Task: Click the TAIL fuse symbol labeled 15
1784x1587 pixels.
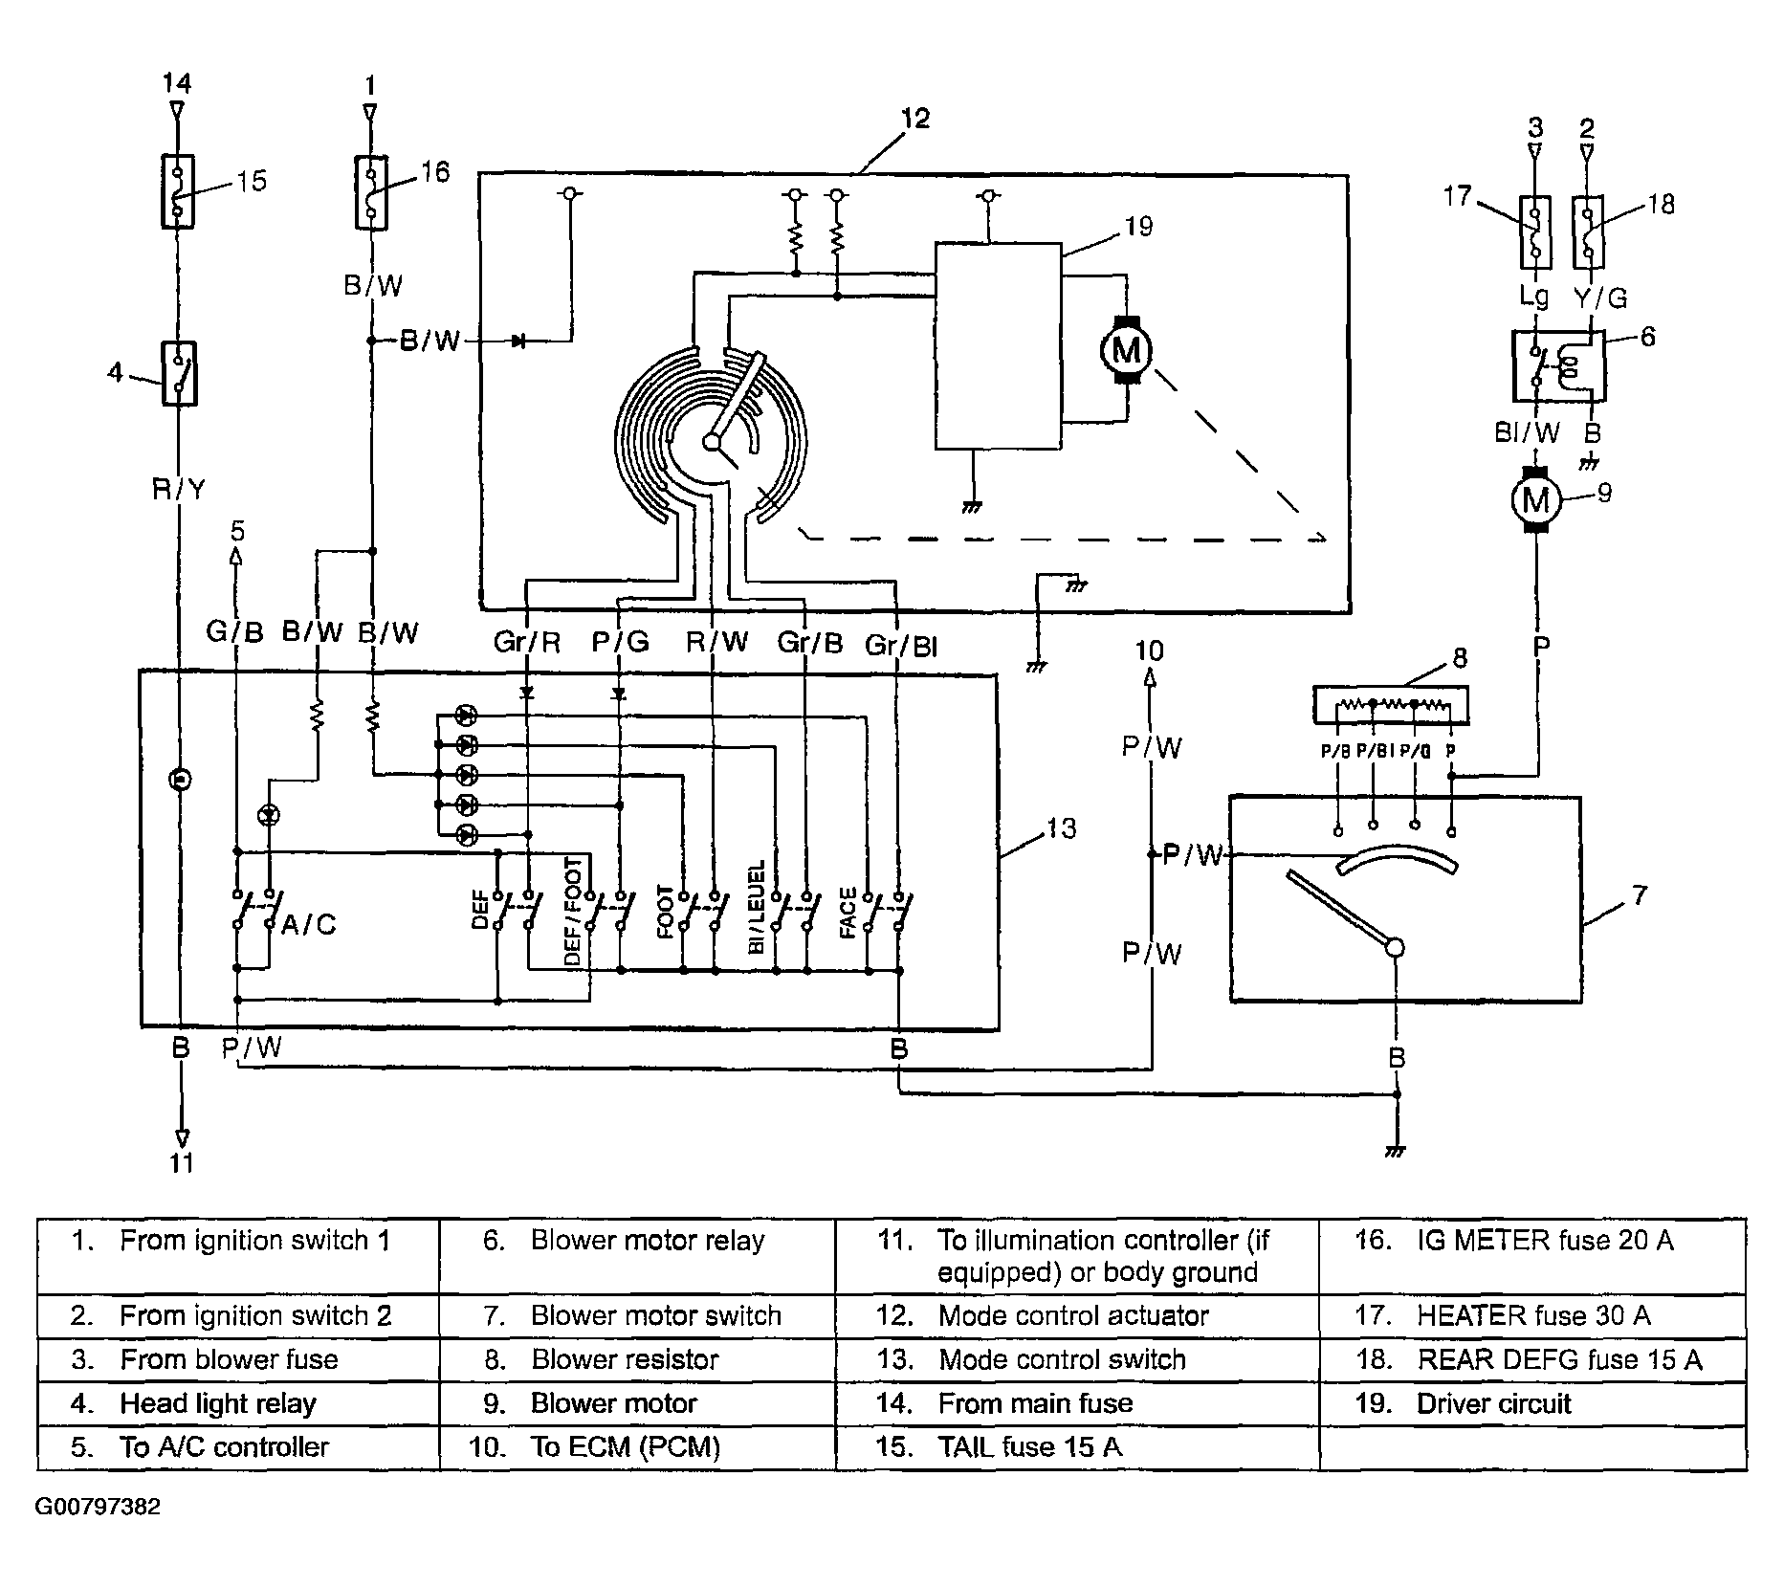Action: pyautogui.click(x=178, y=191)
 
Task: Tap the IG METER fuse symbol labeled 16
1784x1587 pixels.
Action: pyautogui.click(x=371, y=192)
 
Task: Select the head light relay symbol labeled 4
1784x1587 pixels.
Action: pyautogui.click(x=179, y=374)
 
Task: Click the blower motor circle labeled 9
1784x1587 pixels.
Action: pyautogui.click(x=1535, y=499)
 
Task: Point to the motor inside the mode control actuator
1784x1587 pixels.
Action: pyautogui.click(x=1127, y=350)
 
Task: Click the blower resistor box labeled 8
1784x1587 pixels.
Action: pyautogui.click(x=1391, y=706)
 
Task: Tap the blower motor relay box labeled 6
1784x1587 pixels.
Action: pyautogui.click(x=1558, y=365)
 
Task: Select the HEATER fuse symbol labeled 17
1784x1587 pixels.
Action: pyautogui.click(x=1534, y=231)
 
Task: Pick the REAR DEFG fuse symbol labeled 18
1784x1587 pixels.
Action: pyautogui.click(x=1588, y=231)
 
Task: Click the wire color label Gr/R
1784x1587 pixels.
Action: pyautogui.click(x=527, y=642)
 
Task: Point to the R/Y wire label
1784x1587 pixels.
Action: pyautogui.click(x=179, y=490)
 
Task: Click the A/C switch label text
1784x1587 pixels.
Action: pyautogui.click(x=308, y=925)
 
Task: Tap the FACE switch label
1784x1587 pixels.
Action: pyautogui.click(x=848, y=914)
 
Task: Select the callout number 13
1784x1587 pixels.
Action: pyautogui.click(x=1061, y=828)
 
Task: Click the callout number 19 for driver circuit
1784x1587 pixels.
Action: pyautogui.click(x=1138, y=227)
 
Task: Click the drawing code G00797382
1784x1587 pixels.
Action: pyautogui.click(x=98, y=1508)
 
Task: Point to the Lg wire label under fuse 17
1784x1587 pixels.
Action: pyautogui.click(x=1534, y=298)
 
